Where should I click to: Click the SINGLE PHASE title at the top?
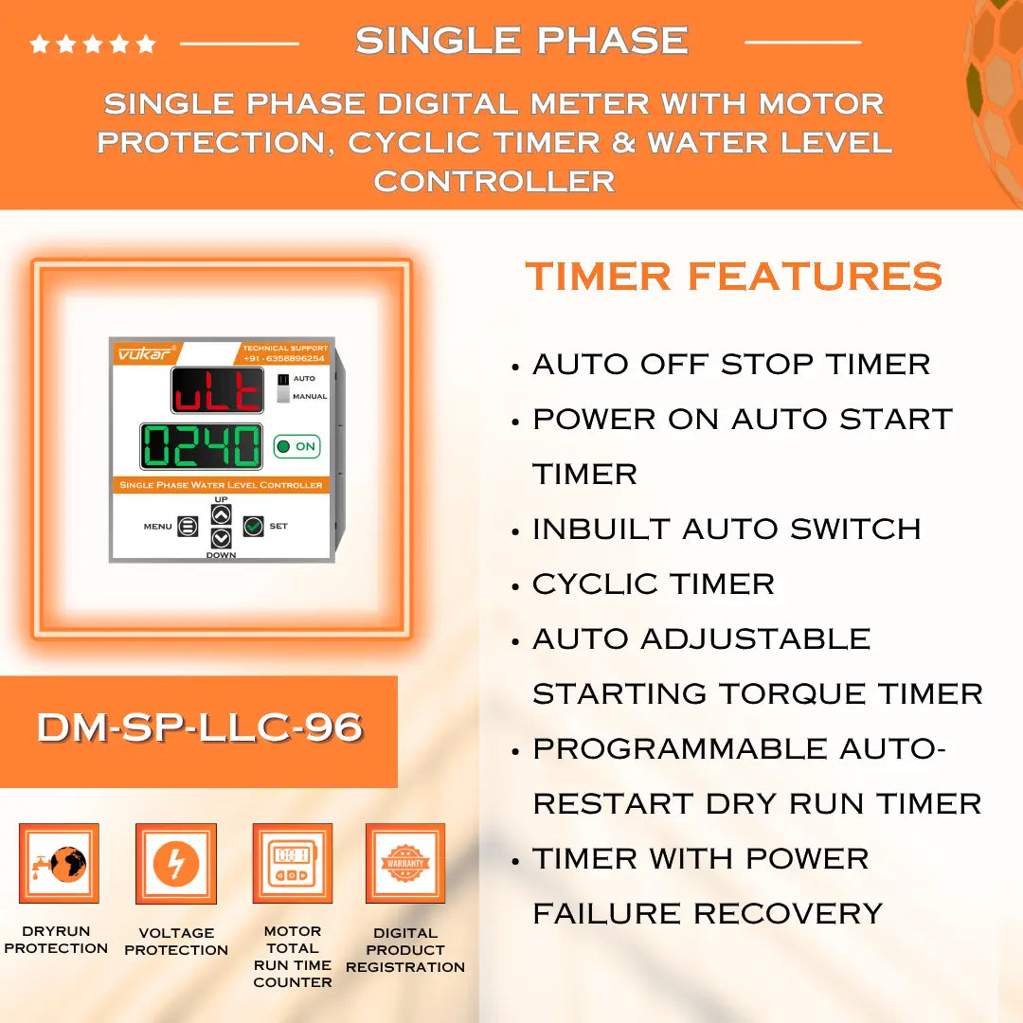click(x=521, y=41)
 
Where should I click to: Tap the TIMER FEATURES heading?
click(x=734, y=277)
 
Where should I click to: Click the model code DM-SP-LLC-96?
click(x=199, y=727)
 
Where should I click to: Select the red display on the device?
click(x=218, y=390)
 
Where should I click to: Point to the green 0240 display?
click(x=202, y=446)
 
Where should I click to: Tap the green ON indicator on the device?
click(x=296, y=446)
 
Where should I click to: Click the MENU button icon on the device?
click(x=188, y=527)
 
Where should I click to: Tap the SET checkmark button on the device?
click(x=253, y=526)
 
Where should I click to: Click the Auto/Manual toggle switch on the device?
click(x=283, y=386)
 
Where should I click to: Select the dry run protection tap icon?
click(x=58, y=864)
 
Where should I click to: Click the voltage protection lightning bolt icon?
click(x=176, y=864)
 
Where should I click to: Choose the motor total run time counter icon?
click(x=292, y=864)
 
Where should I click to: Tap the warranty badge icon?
click(x=405, y=864)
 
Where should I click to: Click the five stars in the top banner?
click(x=93, y=44)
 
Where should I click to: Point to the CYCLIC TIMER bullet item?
click(x=653, y=584)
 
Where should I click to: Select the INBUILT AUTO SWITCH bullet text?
click(x=726, y=529)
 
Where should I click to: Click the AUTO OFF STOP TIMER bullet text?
click(x=730, y=365)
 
